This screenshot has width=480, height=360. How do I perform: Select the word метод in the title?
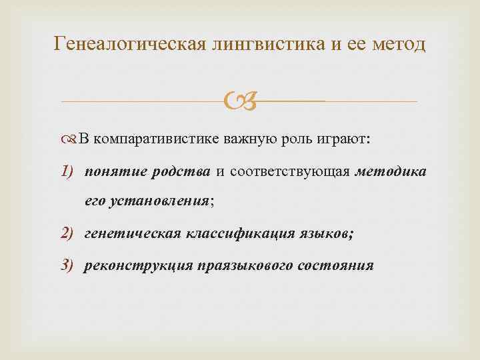(x=393, y=45)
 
